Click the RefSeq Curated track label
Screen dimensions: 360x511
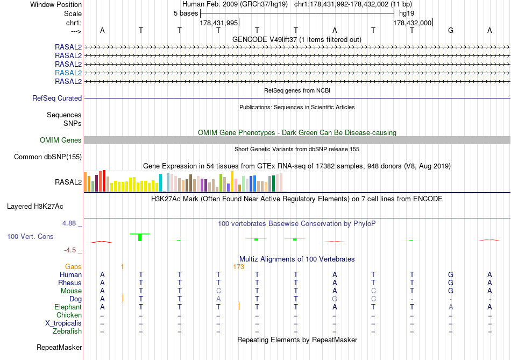click(57, 98)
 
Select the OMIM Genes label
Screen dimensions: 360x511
click(61, 140)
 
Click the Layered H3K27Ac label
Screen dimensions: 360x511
click(44, 206)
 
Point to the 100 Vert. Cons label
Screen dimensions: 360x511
click(30, 237)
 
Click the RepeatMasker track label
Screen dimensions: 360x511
click(59, 348)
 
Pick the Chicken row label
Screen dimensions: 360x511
click(69, 315)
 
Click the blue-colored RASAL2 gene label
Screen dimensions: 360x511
click(68, 73)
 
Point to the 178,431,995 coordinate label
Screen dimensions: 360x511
click(218, 23)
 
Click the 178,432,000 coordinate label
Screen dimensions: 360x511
click(412, 23)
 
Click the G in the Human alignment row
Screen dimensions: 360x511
click(451, 275)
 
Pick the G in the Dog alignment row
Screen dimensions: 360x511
click(335, 299)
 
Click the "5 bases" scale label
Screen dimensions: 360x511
click(186, 13)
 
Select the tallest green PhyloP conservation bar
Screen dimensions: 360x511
click(140, 237)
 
